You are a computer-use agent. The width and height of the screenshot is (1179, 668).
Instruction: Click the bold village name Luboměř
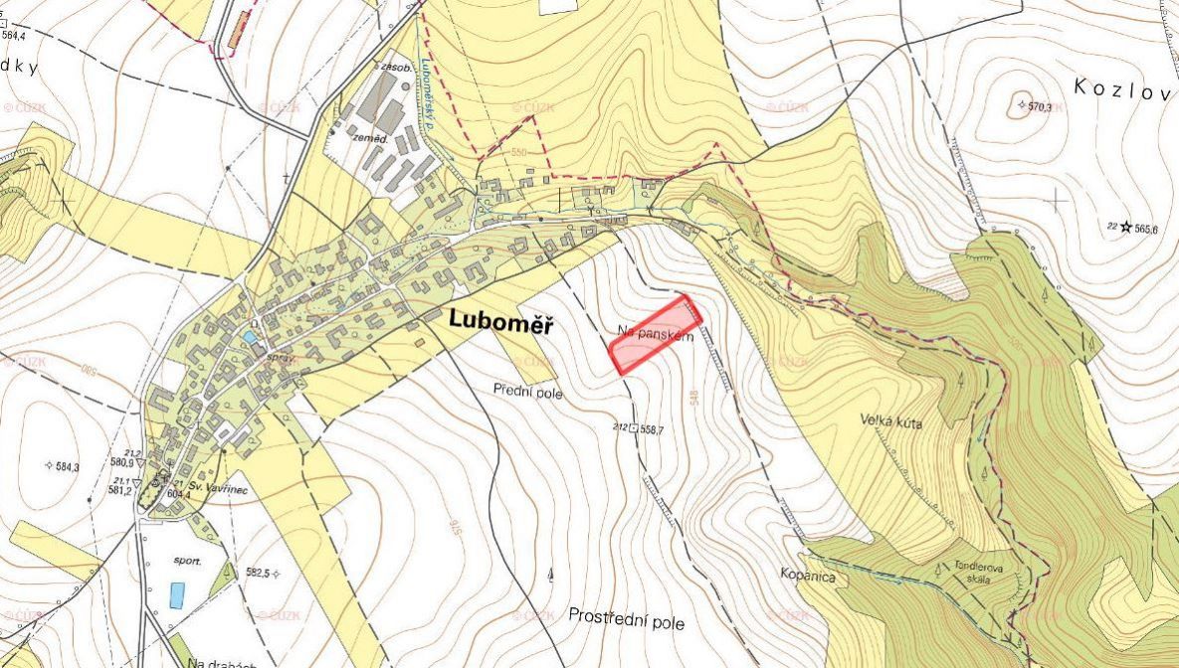click(x=501, y=321)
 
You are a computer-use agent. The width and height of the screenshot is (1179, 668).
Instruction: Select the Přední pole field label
click(x=528, y=393)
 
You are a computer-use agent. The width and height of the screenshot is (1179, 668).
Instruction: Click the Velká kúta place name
click(x=891, y=421)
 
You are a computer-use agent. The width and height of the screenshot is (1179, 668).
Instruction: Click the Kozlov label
click(x=1125, y=87)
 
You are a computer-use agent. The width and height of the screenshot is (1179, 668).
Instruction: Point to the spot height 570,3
click(x=1039, y=106)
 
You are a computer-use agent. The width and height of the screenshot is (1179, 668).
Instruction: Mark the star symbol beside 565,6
click(x=1126, y=227)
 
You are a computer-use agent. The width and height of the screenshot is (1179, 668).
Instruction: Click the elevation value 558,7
click(x=652, y=429)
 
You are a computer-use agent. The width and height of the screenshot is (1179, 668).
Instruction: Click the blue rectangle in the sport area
click(x=177, y=594)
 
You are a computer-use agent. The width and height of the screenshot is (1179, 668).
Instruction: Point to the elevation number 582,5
click(x=258, y=573)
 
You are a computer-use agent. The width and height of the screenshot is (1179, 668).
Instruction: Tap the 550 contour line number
click(x=518, y=153)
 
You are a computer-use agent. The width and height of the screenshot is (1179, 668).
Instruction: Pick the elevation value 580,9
click(x=121, y=462)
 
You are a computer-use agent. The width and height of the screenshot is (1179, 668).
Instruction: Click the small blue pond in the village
click(x=249, y=338)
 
